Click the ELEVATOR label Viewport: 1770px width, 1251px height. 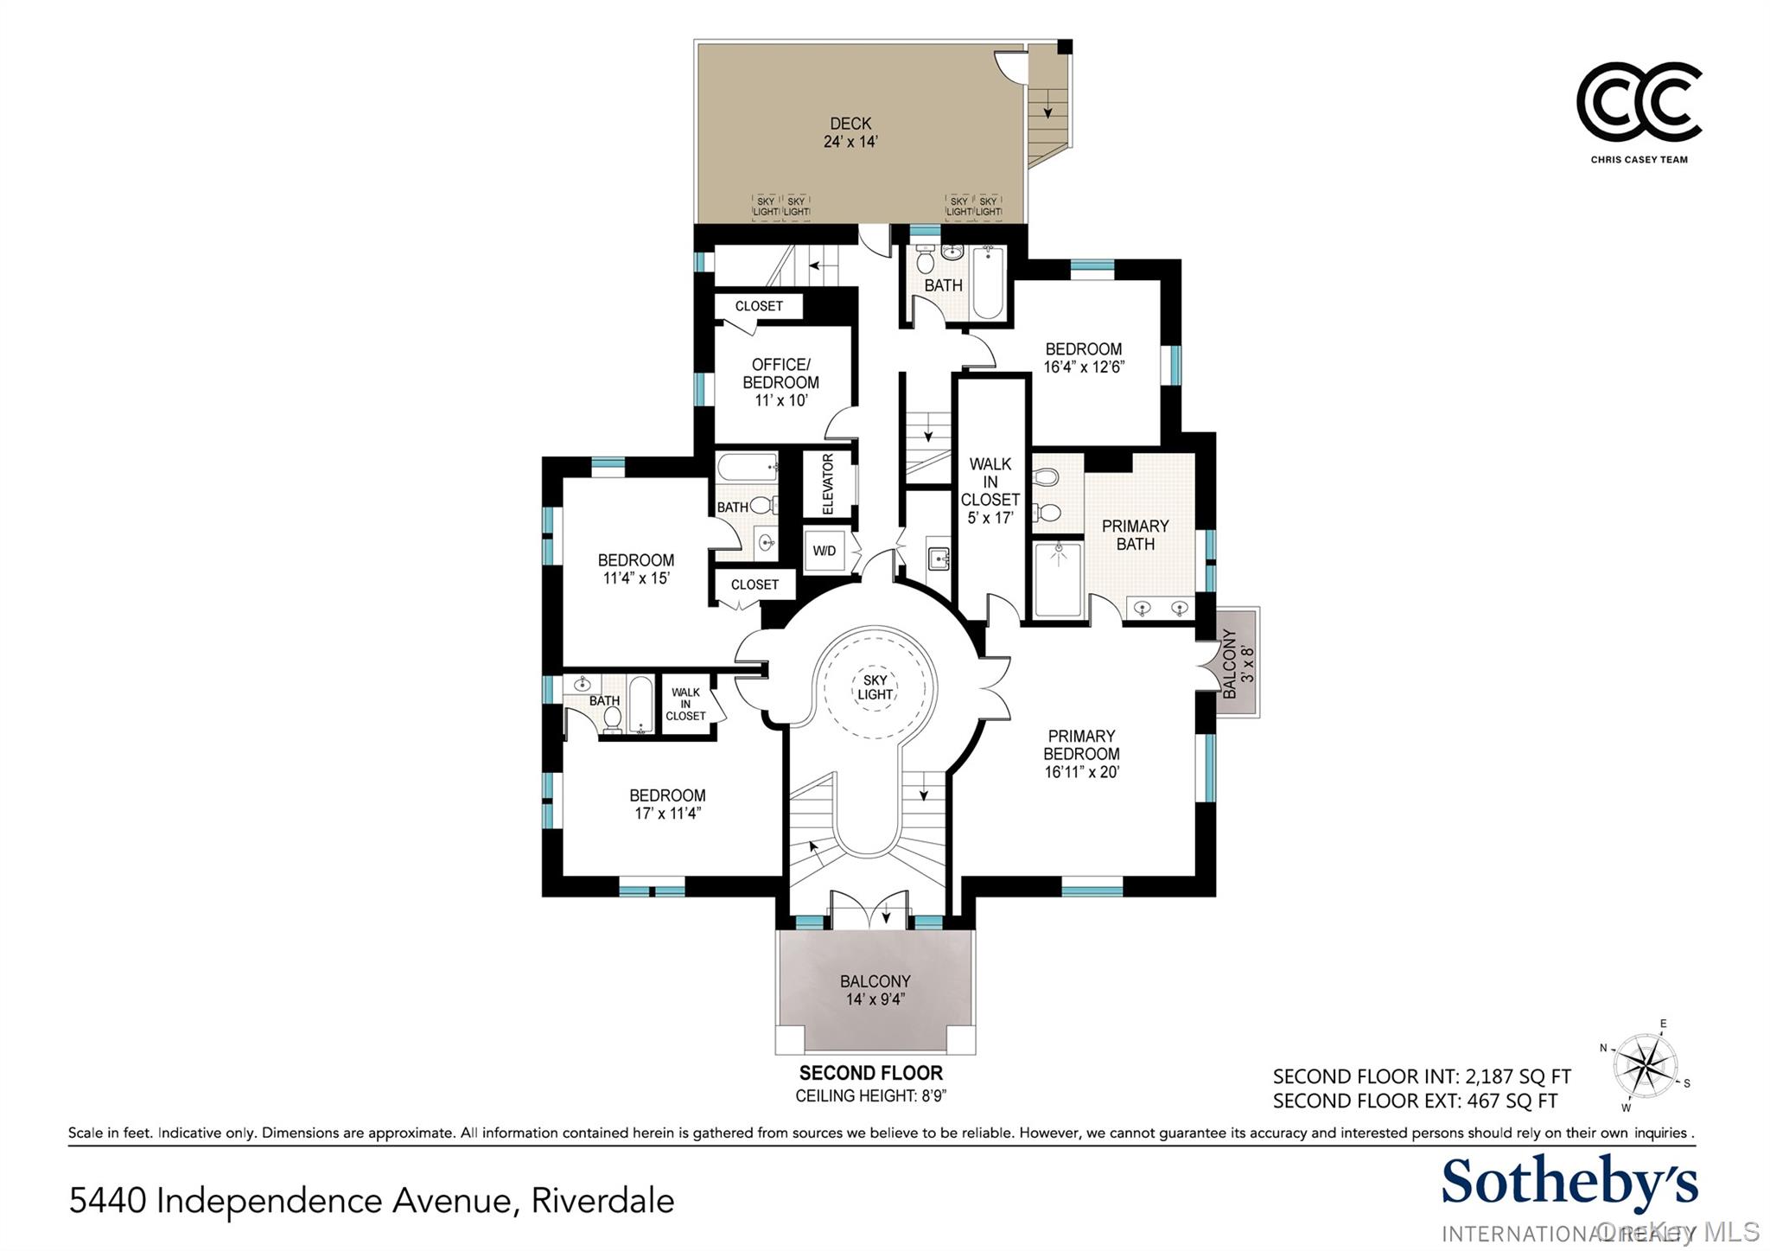click(828, 484)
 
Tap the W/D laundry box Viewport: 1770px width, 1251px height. click(825, 551)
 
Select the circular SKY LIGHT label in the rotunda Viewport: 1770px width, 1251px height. click(875, 688)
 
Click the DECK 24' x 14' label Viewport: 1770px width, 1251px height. click(850, 133)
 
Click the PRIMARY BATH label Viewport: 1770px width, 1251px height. click(1135, 535)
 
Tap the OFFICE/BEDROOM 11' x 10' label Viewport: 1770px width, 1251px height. click(780, 382)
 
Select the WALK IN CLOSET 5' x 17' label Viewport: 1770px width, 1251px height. click(990, 491)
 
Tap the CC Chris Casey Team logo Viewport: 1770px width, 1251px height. click(1639, 104)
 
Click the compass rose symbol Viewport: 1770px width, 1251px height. click(1646, 1064)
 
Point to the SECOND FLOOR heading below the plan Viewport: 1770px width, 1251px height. click(870, 1073)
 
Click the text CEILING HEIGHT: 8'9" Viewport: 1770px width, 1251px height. click(870, 1096)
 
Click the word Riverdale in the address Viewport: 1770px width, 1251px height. click(602, 1201)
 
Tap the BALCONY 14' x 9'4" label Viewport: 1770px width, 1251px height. click(875, 990)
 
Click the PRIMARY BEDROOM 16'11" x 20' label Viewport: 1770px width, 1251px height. click(1081, 754)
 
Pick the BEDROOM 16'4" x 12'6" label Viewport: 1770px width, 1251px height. click(1083, 358)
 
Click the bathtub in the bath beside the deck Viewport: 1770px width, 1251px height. click(987, 282)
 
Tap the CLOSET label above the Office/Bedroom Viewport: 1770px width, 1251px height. click(759, 306)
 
